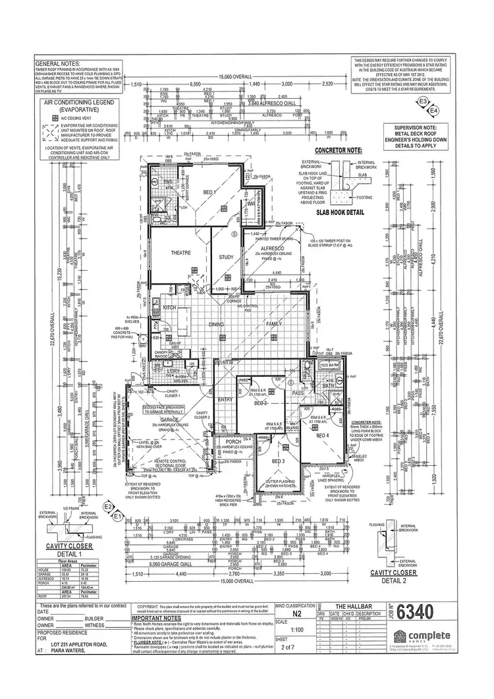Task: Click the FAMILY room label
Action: coord(273,325)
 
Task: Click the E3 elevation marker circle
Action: coord(424,101)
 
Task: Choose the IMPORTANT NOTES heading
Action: coord(156,620)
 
